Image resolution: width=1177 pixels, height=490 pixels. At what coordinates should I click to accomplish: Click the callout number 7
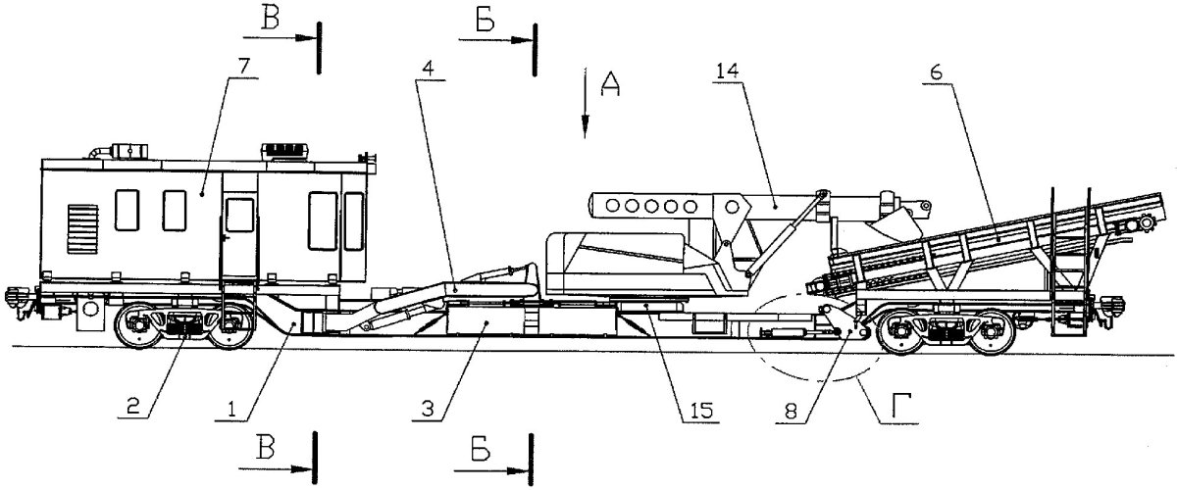pyautogui.click(x=243, y=67)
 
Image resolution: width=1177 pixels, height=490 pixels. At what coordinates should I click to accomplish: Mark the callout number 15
pyautogui.click(x=698, y=406)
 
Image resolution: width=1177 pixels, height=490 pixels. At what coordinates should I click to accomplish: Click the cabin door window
pyautogui.click(x=239, y=215)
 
